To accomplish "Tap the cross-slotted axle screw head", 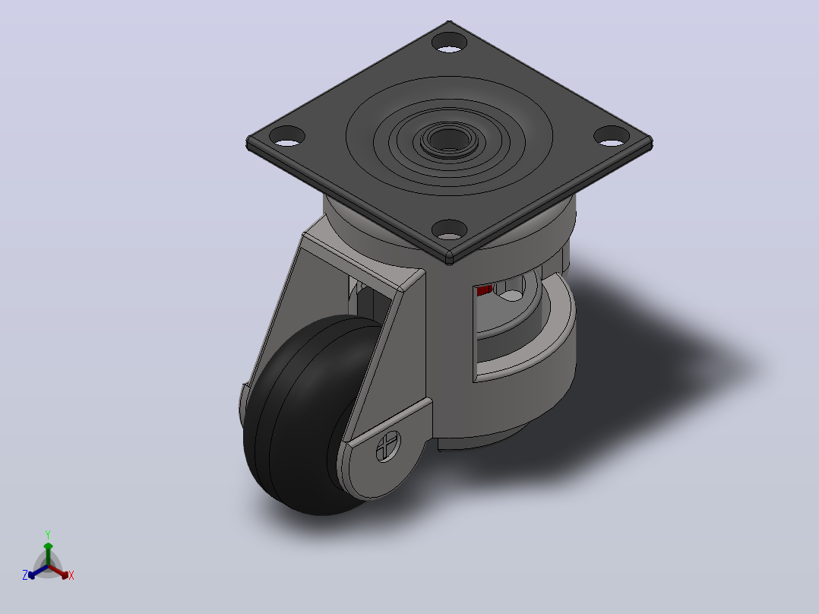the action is coord(389,447).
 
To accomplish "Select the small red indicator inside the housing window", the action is coord(484,290).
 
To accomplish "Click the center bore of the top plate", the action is coord(449,139).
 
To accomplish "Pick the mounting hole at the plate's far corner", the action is coord(450,43).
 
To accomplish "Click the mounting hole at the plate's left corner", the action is coord(286,136).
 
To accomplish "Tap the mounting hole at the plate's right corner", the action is coord(612,136).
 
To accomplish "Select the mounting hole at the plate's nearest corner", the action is coord(449,230).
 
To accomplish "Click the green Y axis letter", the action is coord(48,535).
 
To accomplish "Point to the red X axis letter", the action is coord(71,575).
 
